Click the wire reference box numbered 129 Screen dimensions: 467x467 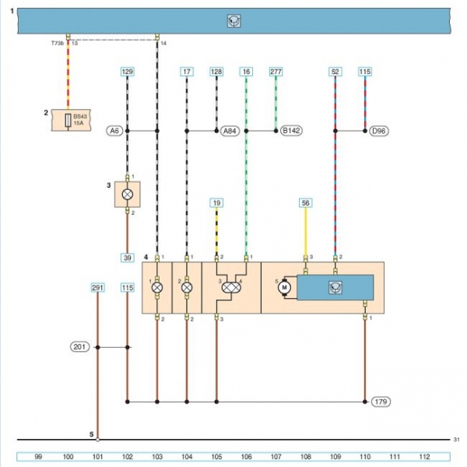(x=128, y=72)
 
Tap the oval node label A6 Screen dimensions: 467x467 (x=115, y=131)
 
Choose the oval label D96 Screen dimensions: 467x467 (x=379, y=131)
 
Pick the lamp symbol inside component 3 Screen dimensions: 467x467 (x=127, y=194)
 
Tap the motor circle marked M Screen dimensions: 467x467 (x=285, y=287)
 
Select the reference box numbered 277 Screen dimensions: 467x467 (x=276, y=72)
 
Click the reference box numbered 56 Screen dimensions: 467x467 (x=306, y=203)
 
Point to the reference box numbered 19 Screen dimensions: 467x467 (x=217, y=203)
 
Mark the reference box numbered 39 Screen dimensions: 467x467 (x=127, y=257)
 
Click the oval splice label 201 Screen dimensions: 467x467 (x=81, y=347)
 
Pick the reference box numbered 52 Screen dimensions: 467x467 (x=335, y=72)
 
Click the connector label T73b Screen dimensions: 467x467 (x=56, y=44)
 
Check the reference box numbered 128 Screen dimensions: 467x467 (x=216, y=72)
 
